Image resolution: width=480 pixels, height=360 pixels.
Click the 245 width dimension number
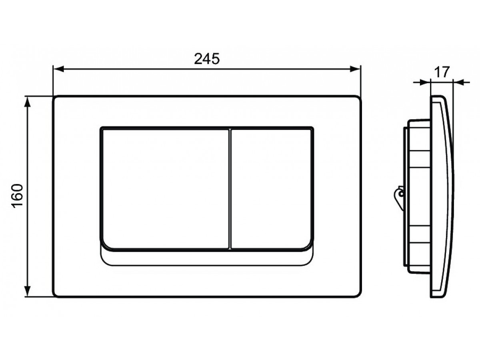tap(206, 59)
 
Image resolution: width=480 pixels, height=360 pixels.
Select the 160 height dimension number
tap(18, 196)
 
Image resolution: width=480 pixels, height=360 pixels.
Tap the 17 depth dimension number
tap(442, 72)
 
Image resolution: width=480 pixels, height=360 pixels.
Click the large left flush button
tap(166, 189)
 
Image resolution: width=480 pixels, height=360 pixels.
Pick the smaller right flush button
tap(271, 189)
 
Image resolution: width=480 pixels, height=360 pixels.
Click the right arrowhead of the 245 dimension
tap(355, 69)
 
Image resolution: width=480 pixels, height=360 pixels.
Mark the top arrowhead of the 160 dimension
tap(27, 102)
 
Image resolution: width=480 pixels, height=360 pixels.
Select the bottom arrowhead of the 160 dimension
tap(27, 291)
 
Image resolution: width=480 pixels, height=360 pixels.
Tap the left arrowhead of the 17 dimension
tap(425, 82)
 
